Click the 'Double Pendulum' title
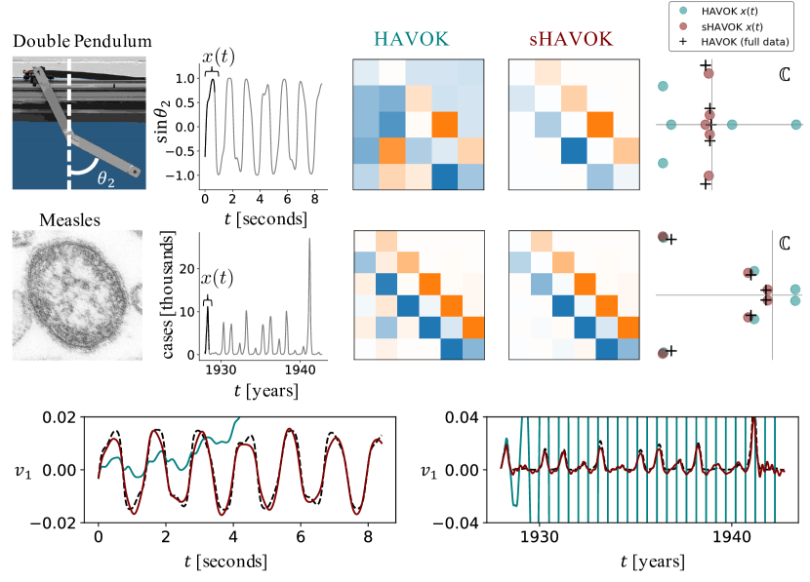click(82, 42)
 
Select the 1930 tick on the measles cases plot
click(221, 370)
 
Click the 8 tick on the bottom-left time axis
click(369, 536)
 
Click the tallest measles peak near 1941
click(309, 240)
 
